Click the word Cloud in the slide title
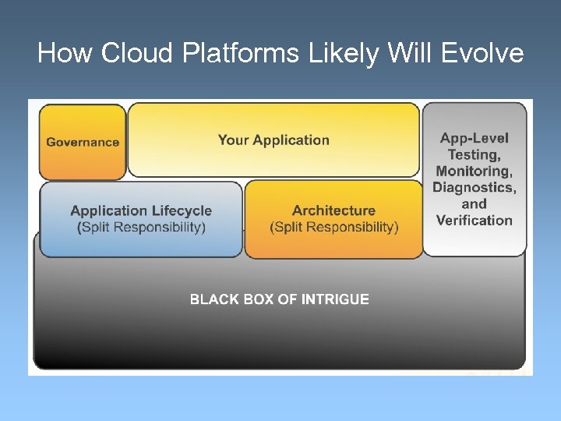tap(129, 53)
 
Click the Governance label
tap(83, 142)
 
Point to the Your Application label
tap(273, 140)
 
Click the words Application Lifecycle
tap(141, 210)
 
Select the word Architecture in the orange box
tap(333, 210)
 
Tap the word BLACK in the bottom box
tap(213, 299)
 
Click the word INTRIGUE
tap(335, 299)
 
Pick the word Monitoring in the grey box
tap(473, 171)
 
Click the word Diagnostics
tap(474, 187)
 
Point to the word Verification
tap(474, 220)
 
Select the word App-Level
tap(474, 138)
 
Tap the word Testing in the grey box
tap(473, 154)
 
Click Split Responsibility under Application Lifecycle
tap(143, 227)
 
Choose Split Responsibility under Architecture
tap(334, 227)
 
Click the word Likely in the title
tap(327, 53)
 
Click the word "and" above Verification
tap(474, 203)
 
